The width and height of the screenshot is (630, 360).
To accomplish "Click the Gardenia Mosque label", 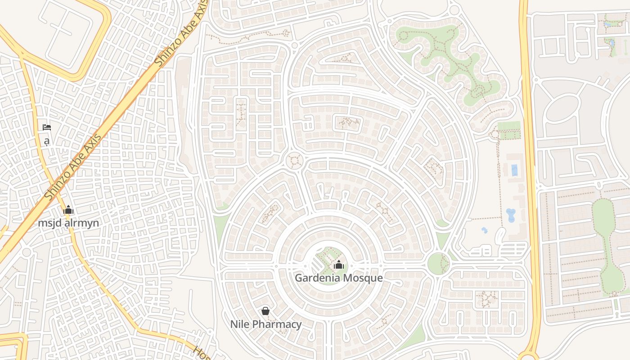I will click(338, 278).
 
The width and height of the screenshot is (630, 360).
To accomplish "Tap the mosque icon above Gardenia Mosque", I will click(339, 265).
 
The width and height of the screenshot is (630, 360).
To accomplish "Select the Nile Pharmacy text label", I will click(265, 324).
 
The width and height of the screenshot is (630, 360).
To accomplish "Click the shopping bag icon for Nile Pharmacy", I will click(265, 310).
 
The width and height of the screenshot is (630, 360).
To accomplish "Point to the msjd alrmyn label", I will click(68, 223).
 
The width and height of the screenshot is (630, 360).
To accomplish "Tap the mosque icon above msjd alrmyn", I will click(68, 210).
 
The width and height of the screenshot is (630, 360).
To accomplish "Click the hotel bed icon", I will click(46, 127).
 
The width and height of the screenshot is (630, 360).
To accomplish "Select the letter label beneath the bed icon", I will click(46, 141).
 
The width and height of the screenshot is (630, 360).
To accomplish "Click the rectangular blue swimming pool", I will click(514, 170).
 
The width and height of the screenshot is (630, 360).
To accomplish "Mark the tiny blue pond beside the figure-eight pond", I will click(485, 230).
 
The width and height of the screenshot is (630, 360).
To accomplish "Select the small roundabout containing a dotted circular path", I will click(295, 160).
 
